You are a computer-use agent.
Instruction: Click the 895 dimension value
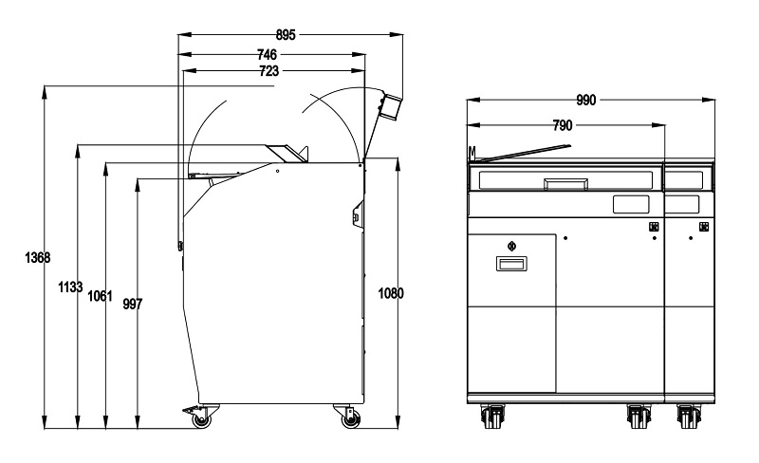click(x=286, y=35)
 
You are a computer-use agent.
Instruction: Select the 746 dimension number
click(x=267, y=54)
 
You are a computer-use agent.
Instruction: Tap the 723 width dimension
click(x=269, y=71)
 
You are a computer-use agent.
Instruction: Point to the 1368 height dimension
click(x=37, y=258)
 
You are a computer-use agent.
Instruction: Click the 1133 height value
click(x=70, y=287)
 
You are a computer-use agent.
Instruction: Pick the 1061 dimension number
click(x=100, y=295)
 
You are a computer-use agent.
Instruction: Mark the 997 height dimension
click(x=133, y=305)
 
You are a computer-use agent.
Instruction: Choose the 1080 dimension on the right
click(x=390, y=293)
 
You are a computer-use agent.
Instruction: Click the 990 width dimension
click(x=586, y=101)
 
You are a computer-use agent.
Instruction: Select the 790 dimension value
click(x=563, y=125)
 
